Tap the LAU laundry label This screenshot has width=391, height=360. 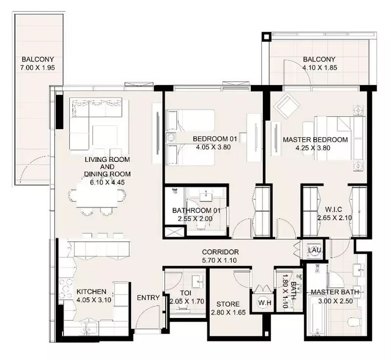(314, 250)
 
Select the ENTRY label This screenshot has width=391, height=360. (148, 297)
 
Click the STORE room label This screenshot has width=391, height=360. (228, 304)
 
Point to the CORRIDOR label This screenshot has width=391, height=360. (220, 252)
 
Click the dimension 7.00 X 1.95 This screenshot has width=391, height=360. (38, 67)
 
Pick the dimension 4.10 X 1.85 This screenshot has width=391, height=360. (320, 67)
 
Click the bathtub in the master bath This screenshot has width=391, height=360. (317, 315)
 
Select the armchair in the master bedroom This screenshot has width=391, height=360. (286, 105)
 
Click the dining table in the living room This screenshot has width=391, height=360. (97, 196)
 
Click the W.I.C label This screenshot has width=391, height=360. (333, 209)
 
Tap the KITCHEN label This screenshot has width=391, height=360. (91, 292)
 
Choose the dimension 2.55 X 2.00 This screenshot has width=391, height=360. (195, 219)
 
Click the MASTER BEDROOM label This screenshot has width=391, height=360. (315, 140)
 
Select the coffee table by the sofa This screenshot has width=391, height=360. (105, 135)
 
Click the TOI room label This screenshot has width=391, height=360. (185, 292)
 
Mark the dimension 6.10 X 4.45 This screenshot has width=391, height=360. (107, 182)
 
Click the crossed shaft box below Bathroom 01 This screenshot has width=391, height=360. (174, 232)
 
